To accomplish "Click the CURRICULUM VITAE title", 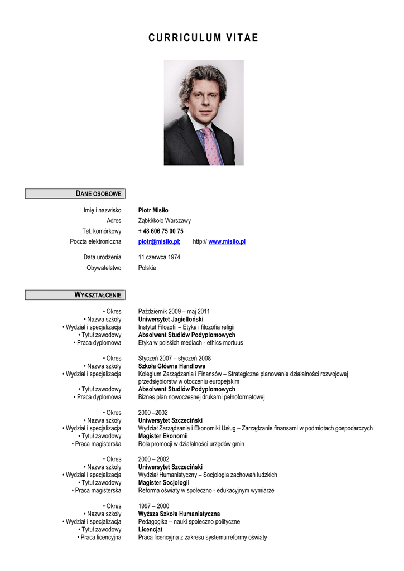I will [203, 38].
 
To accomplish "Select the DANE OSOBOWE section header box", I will [75, 193].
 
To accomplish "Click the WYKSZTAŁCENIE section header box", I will [75, 294].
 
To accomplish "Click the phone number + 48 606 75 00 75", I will [161, 231].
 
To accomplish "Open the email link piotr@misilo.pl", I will [158, 241].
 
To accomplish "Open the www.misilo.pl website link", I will [227, 241].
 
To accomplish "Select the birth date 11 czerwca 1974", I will [159, 257].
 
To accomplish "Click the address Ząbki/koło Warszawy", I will [165, 221].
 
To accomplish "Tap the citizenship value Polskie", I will [147, 268].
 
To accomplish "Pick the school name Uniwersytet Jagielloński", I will [171, 319].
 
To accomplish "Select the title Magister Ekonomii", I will [163, 436].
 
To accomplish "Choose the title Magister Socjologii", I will [163, 483].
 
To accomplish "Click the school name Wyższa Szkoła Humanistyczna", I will [179, 514].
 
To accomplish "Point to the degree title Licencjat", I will [151, 530].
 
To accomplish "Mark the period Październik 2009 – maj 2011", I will [174, 311].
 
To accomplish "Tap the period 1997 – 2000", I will [154, 506].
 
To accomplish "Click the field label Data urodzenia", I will [102, 257].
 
